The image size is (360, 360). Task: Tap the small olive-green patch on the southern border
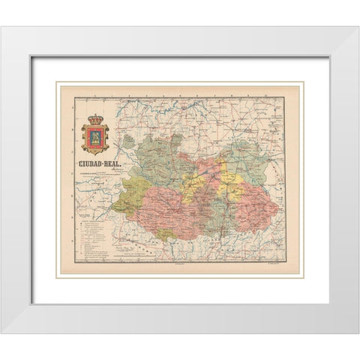[x=166, y=233]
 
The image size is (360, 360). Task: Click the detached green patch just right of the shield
[x=129, y=140]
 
